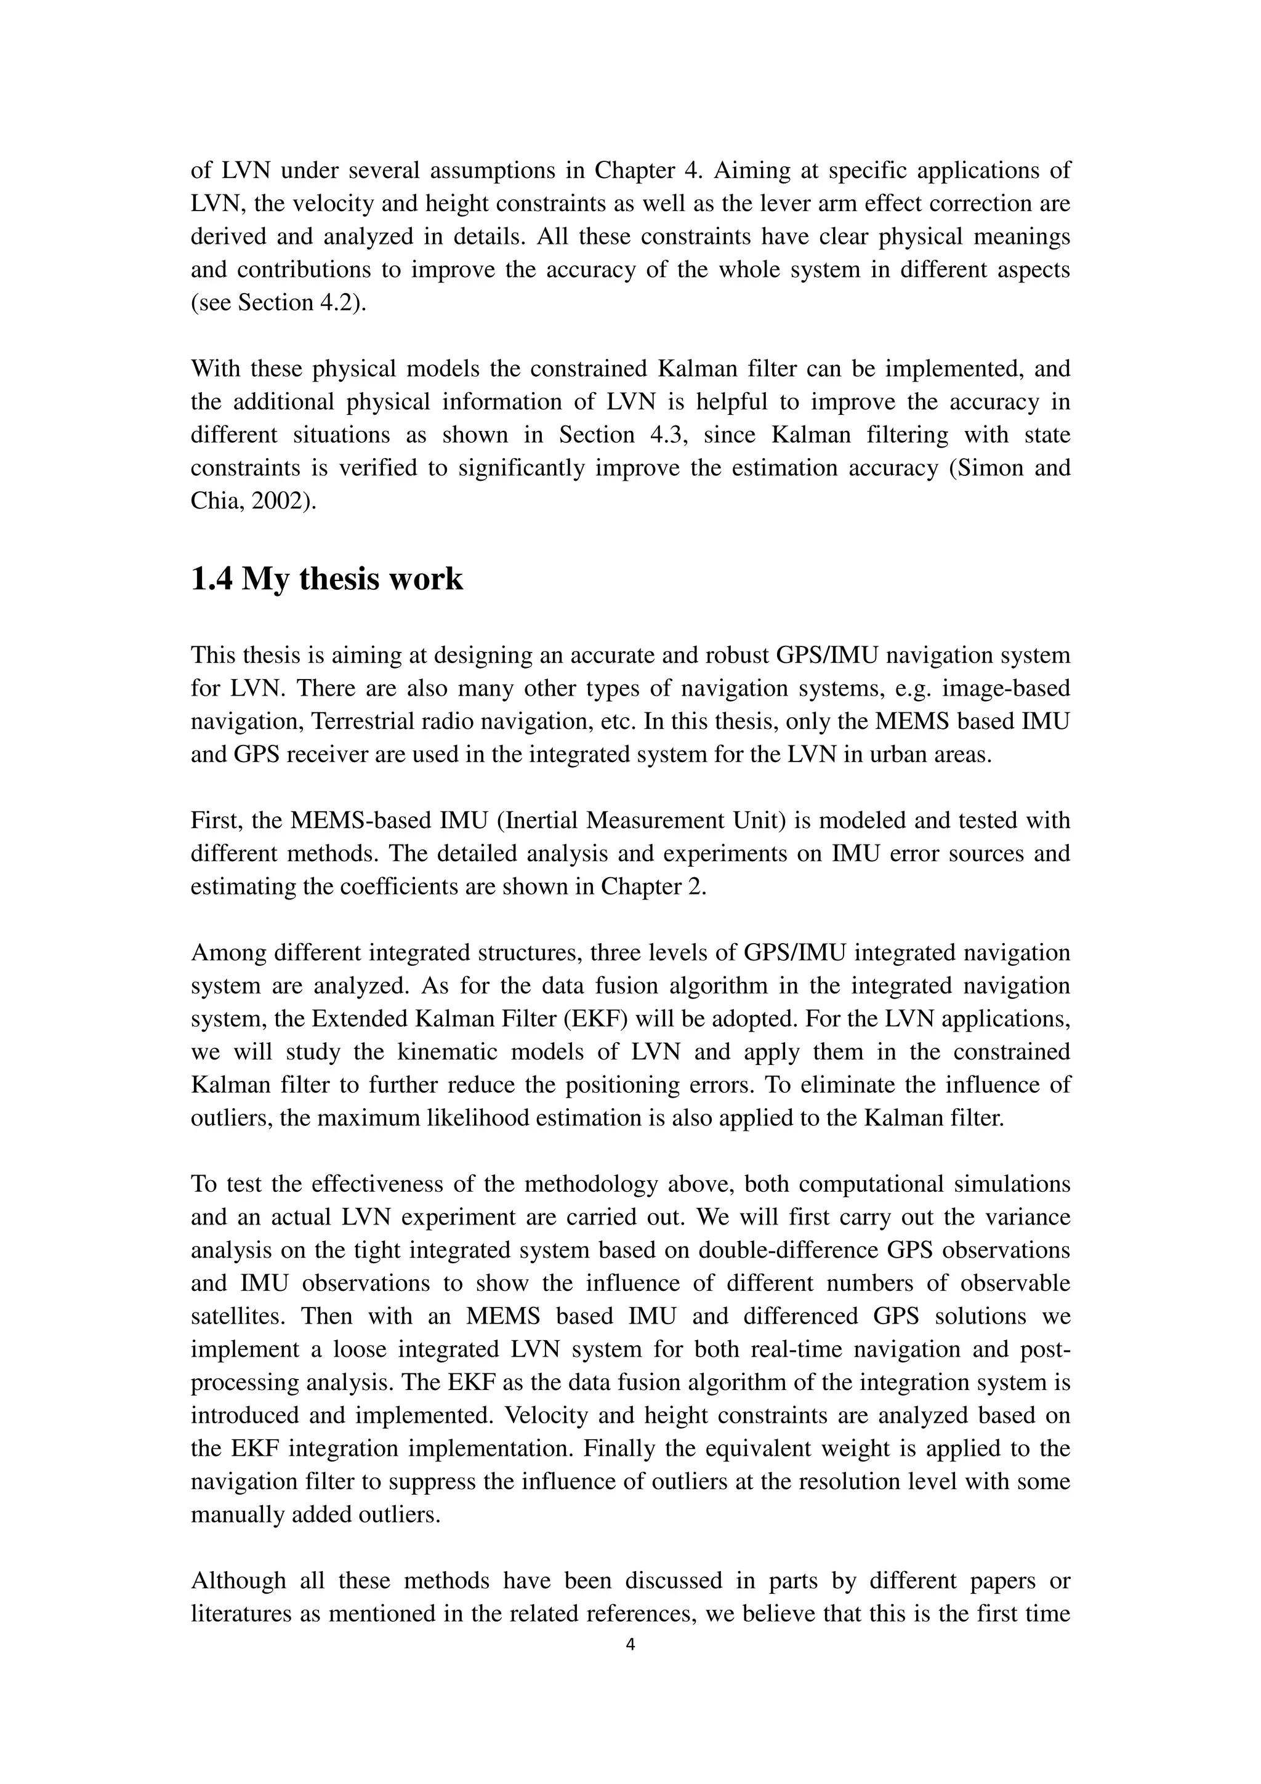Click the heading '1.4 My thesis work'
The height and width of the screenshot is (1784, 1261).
click(x=326, y=580)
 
